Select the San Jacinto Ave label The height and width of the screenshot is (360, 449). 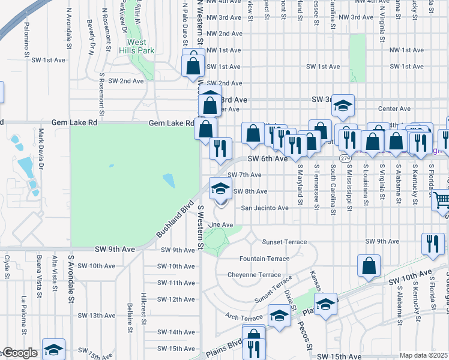265,208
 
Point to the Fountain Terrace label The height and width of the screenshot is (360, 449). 264,259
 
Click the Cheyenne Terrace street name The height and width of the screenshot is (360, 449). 254,274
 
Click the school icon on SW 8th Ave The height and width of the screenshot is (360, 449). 220,189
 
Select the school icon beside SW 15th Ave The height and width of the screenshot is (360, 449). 53,349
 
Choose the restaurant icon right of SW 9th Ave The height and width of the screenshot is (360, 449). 432,244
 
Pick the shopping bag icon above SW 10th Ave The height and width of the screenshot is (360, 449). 369,266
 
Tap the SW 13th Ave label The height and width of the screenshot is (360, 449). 97,315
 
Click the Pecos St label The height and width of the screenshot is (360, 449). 306,336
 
